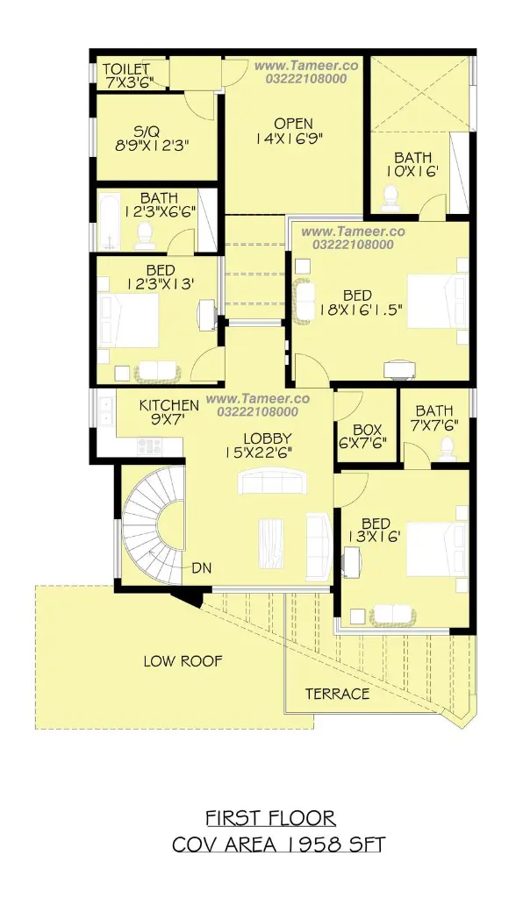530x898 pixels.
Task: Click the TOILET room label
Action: (125, 70)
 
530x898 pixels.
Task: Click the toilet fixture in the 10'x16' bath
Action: (391, 197)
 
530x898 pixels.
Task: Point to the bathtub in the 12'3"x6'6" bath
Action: (110, 224)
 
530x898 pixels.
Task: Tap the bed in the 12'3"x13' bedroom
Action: (128, 321)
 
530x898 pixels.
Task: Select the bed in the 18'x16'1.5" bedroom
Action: (438, 302)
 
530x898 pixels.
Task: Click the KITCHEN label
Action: (169, 406)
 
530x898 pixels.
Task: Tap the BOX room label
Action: (368, 430)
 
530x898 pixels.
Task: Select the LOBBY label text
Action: (268, 438)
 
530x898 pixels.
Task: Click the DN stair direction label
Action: (202, 568)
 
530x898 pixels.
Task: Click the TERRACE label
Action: (338, 695)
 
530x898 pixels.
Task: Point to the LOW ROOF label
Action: (183, 661)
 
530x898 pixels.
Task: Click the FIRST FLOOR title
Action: (270, 818)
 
